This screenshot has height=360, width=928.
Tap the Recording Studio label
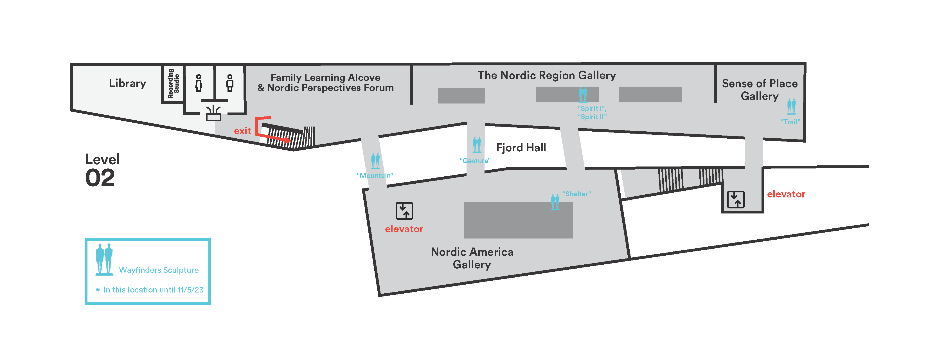(x=173, y=84)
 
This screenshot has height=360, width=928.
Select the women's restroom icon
(x=199, y=83)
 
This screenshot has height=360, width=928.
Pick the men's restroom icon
(x=230, y=83)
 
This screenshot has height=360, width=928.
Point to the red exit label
(x=242, y=131)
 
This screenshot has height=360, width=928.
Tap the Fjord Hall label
(x=521, y=147)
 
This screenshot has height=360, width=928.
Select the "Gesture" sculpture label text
(x=475, y=161)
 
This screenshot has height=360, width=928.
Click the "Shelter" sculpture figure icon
(x=555, y=202)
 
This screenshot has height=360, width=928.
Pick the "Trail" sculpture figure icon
(x=791, y=107)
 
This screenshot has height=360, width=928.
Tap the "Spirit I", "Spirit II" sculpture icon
(x=583, y=95)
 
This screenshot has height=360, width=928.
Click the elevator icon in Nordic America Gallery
(x=405, y=211)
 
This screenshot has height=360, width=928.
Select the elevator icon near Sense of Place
(x=736, y=199)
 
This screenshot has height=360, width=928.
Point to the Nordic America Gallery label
(x=472, y=258)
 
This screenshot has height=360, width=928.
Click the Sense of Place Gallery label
(x=760, y=90)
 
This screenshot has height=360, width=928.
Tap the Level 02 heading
(x=102, y=170)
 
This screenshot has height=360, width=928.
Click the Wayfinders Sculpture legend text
(x=159, y=270)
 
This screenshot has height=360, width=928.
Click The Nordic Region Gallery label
(x=547, y=75)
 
